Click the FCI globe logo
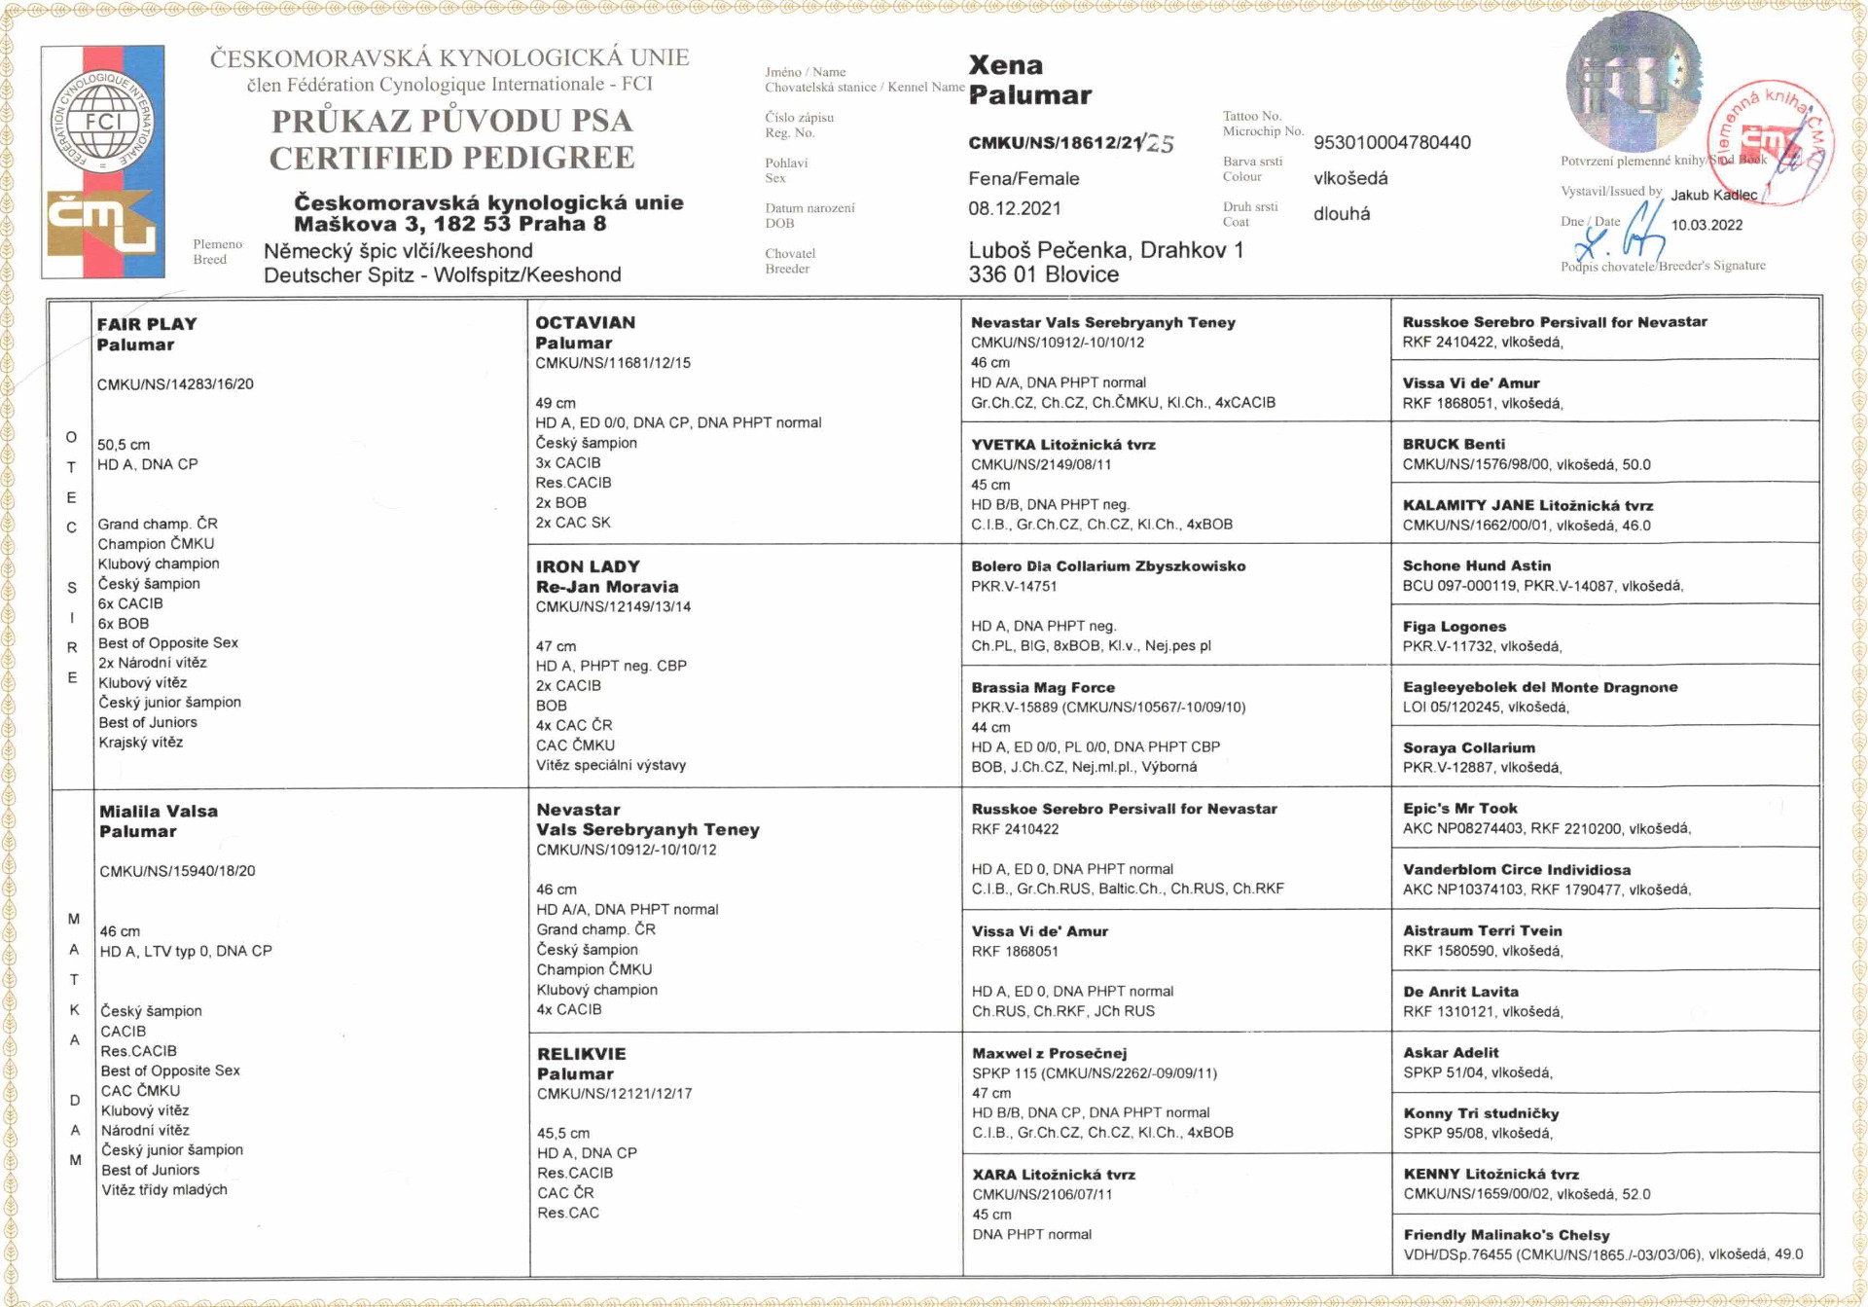click(x=102, y=120)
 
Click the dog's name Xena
click(x=1005, y=65)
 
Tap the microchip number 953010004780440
click(x=1391, y=143)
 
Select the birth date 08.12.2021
click(x=1014, y=208)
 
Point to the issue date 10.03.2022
click(x=1706, y=225)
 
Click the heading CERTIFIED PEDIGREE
click(x=451, y=158)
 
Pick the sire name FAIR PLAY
click(x=147, y=324)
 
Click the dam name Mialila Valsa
click(x=159, y=811)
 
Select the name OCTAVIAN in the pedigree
click(x=585, y=322)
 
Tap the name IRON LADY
click(x=588, y=566)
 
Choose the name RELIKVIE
click(x=581, y=1053)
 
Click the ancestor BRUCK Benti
click(x=1454, y=444)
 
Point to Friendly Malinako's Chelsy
click(x=1506, y=1234)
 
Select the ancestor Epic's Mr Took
click(x=1459, y=808)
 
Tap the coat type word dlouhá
click(x=1342, y=214)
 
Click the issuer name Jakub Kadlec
click(x=1713, y=195)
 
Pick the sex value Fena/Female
click(x=1024, y=179)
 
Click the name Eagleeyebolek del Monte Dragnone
click(x=1539, y=687)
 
